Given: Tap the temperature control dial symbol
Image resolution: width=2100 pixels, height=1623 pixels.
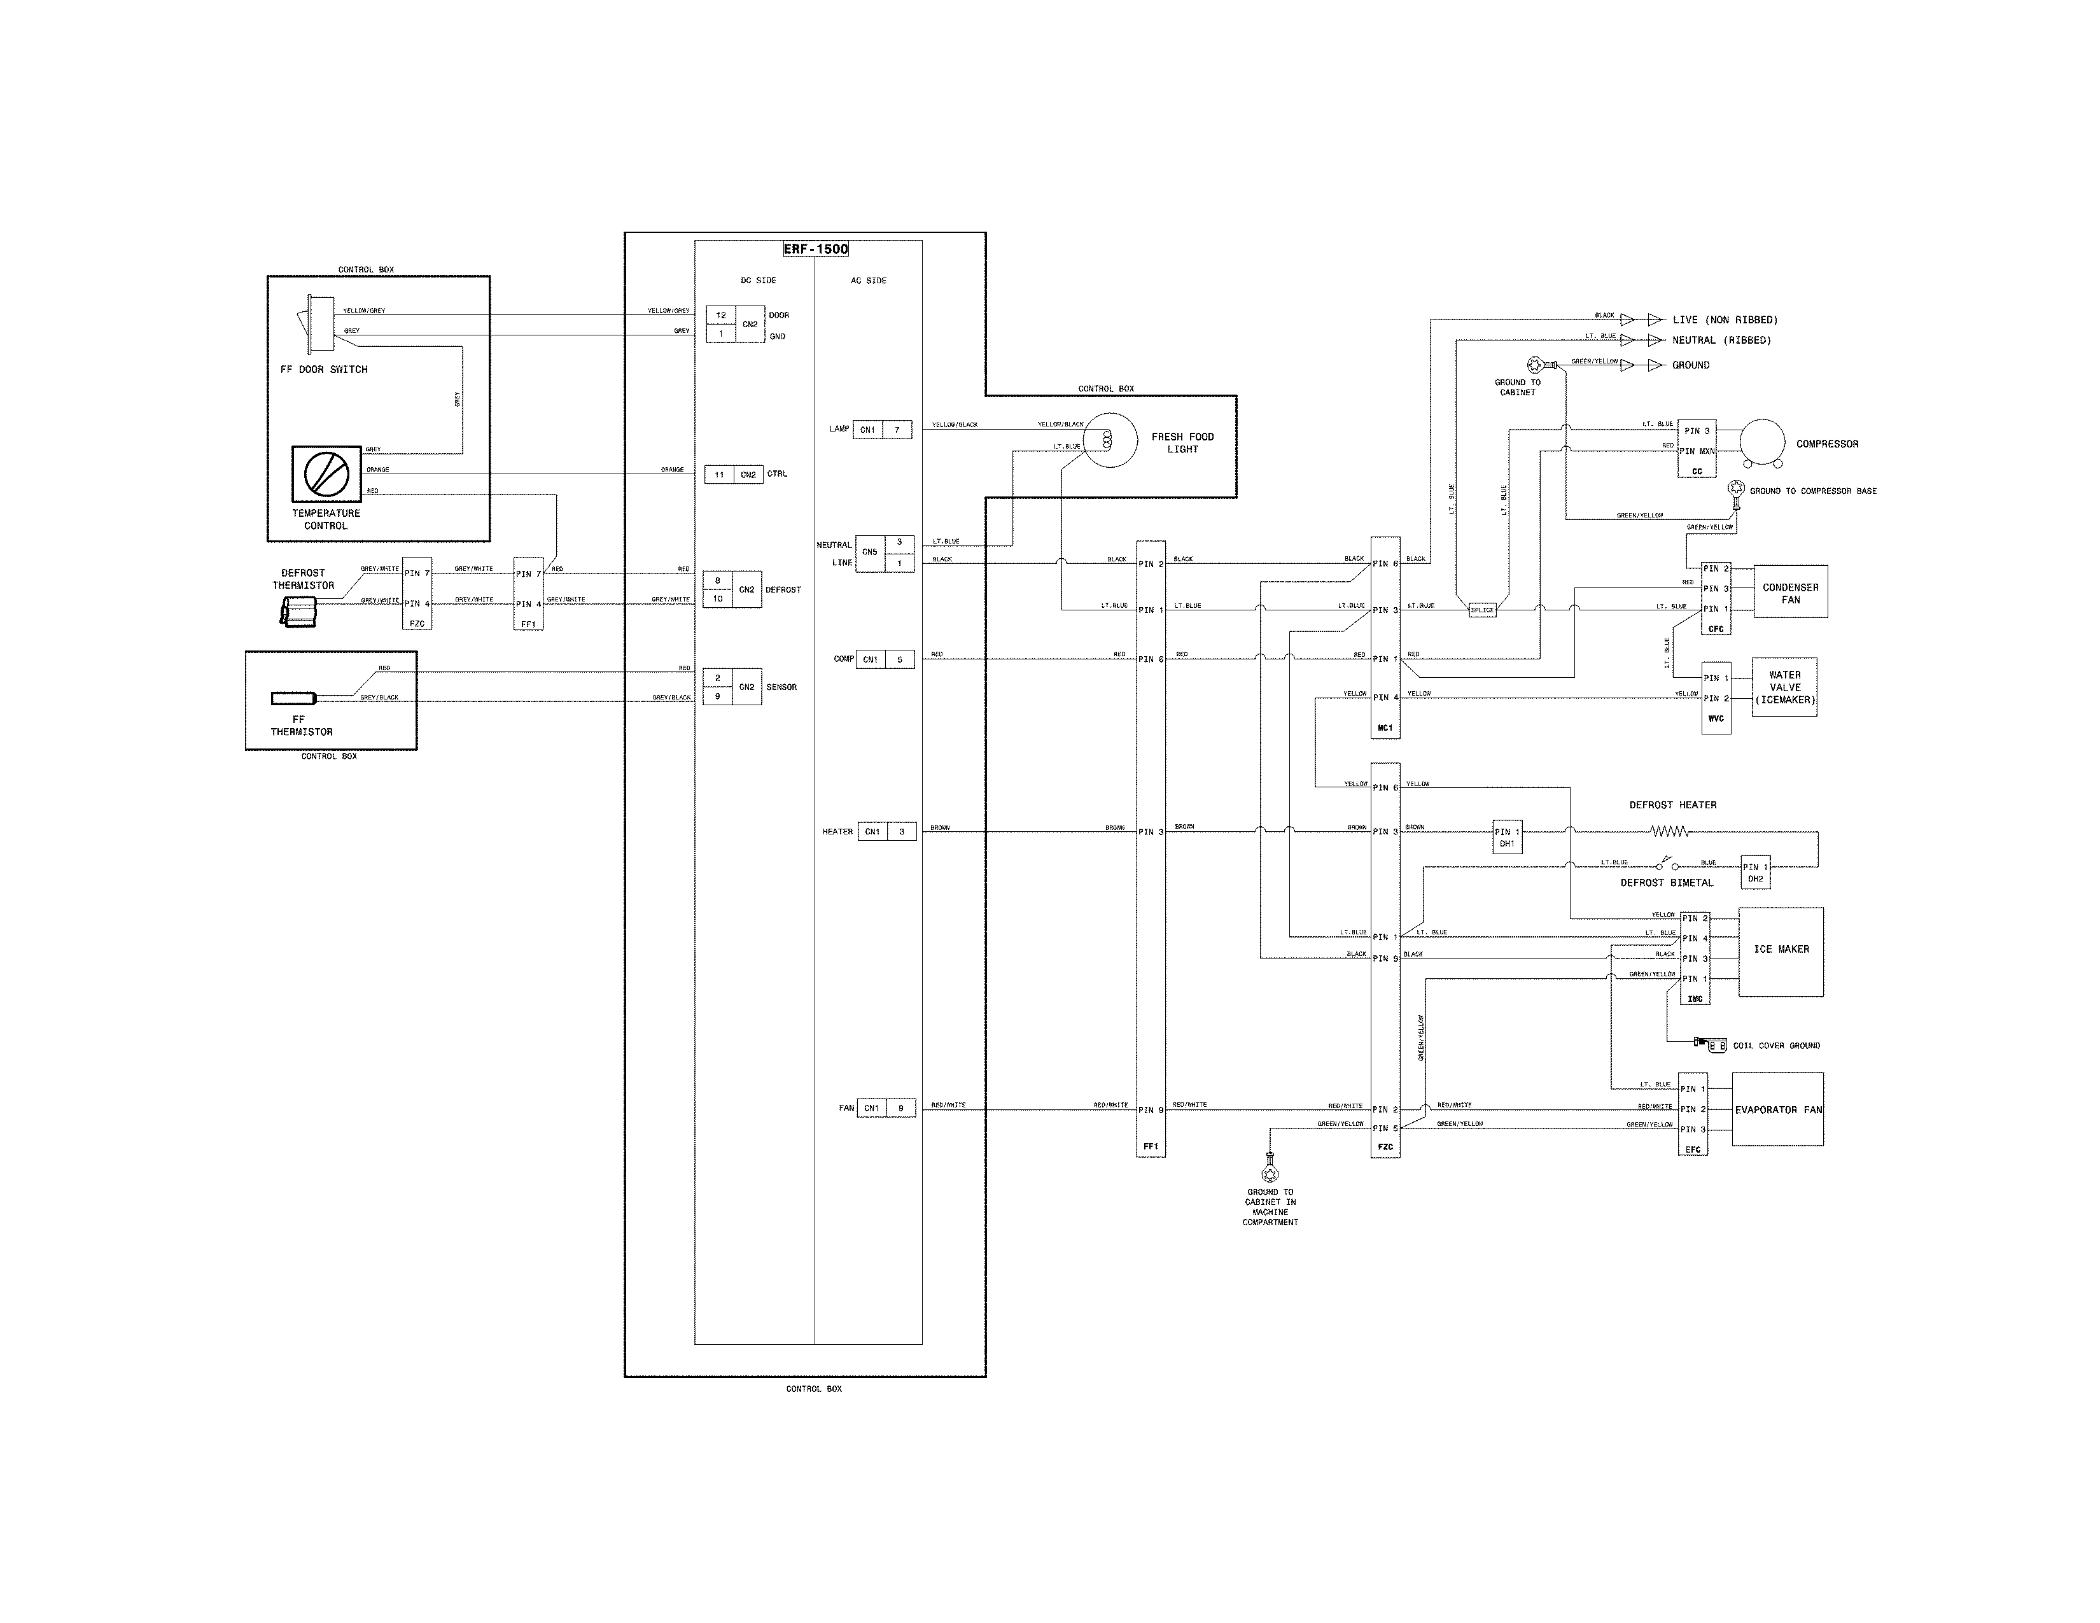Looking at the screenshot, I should tap(326, 473).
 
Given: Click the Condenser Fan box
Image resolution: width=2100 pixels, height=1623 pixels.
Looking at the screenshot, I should tap(1789, 593).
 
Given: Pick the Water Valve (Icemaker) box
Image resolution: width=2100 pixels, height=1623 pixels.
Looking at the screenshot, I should tap(1784, 687).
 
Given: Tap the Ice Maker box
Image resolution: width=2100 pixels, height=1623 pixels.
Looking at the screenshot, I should tap(1781, 951).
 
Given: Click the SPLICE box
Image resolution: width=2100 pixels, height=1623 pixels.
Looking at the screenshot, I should tap(1481, 610).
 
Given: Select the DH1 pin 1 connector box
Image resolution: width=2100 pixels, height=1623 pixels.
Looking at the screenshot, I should tap(1507, 836).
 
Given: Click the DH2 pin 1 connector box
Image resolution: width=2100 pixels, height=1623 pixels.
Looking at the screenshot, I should tap(1755, 871).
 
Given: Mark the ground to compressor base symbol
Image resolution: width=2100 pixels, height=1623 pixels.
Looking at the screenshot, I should tap(1737, 491).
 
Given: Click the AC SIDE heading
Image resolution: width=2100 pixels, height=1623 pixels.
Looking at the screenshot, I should tap(868, 281).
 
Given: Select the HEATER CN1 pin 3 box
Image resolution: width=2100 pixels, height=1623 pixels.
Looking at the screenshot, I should tap(886, 832).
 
